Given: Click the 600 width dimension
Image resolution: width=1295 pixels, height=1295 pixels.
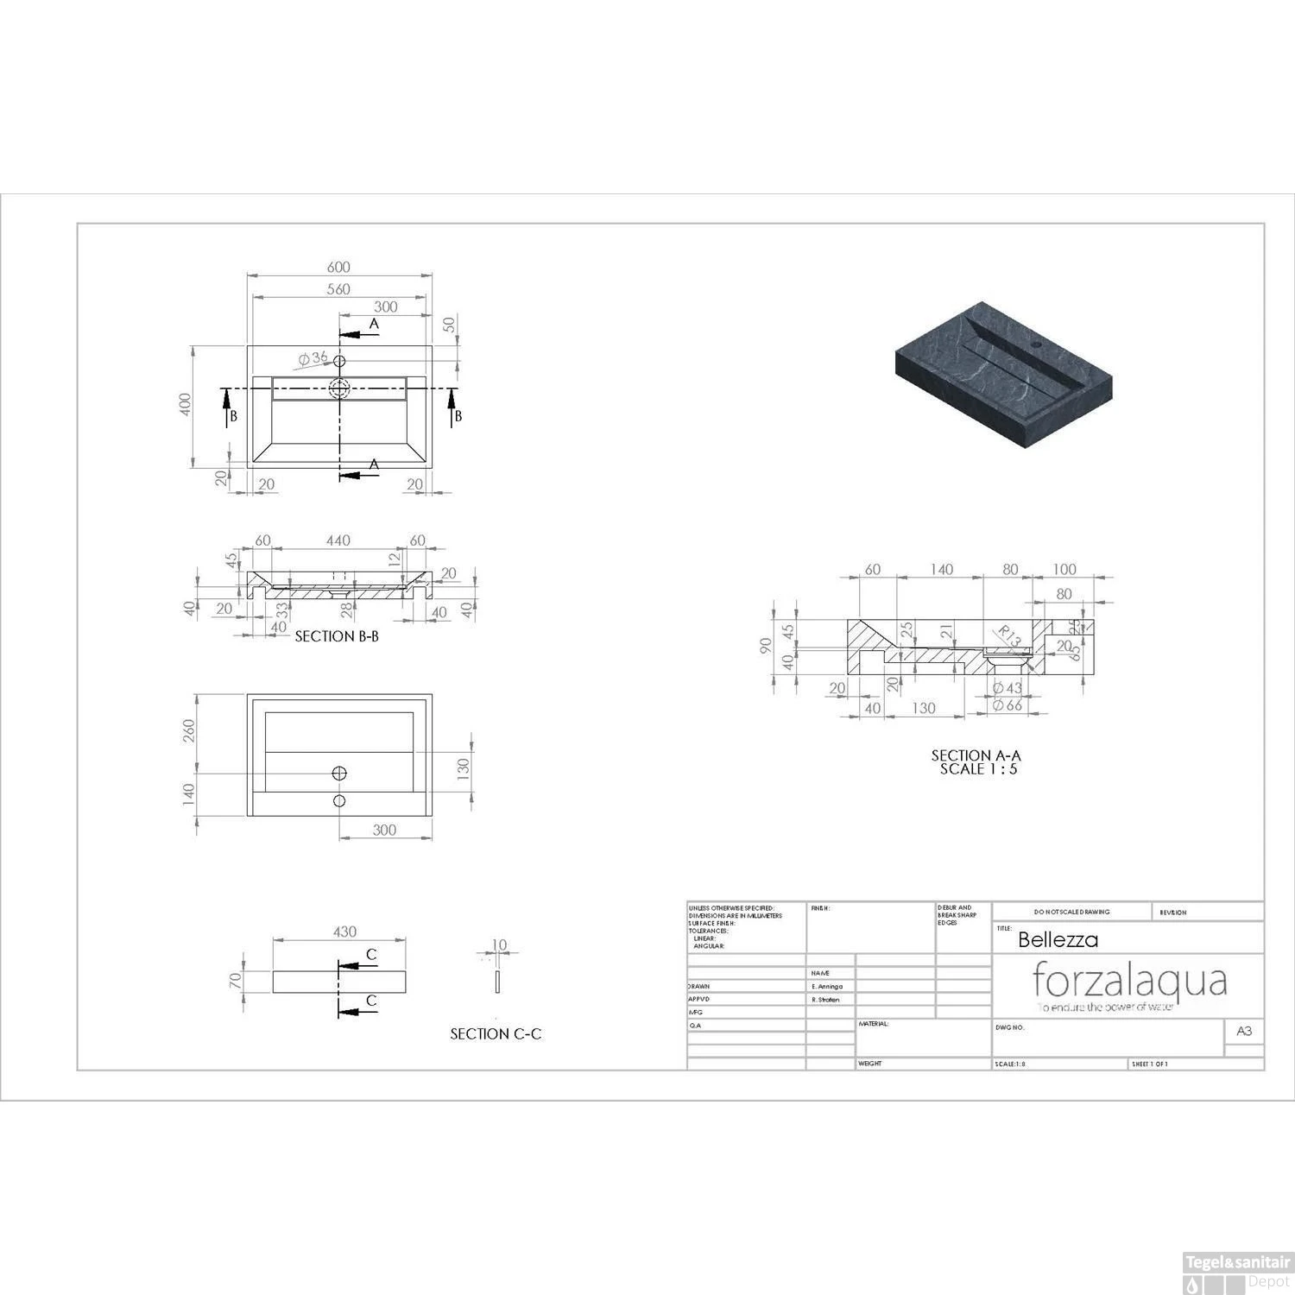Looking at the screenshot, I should pos(338,268).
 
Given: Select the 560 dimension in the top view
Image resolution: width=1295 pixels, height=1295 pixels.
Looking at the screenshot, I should pos(338,289).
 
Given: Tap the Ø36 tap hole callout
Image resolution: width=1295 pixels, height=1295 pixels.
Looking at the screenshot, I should pos(313,358).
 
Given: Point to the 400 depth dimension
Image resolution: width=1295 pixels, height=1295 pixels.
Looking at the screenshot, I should pos(184,403).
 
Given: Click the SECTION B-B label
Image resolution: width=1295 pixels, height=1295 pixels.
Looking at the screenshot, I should pos(337,636).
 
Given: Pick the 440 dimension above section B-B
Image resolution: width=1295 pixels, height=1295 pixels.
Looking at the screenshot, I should pos(338,540).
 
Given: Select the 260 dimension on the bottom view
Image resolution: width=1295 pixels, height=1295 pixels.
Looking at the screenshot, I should pos(189,730).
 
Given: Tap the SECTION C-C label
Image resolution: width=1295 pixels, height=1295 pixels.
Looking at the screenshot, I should pos(496,1033).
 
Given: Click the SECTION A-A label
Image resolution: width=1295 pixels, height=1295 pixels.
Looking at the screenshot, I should pos(976,755).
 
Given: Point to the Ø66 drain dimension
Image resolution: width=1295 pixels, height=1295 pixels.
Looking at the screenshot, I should pos(1007,705).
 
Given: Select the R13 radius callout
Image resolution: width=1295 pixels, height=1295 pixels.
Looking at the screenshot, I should pos(1008,637).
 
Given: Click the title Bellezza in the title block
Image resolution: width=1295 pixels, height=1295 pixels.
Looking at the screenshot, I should pos(1058,939).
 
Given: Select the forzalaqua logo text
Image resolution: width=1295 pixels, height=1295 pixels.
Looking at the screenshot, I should pos(1129,981).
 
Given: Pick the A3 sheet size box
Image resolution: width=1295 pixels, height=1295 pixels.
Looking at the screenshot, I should pos(1244,1031).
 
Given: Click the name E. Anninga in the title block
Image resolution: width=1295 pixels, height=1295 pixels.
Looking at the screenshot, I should pos(827,986).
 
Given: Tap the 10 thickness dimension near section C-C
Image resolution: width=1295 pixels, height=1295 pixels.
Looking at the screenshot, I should pos(499,944).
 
